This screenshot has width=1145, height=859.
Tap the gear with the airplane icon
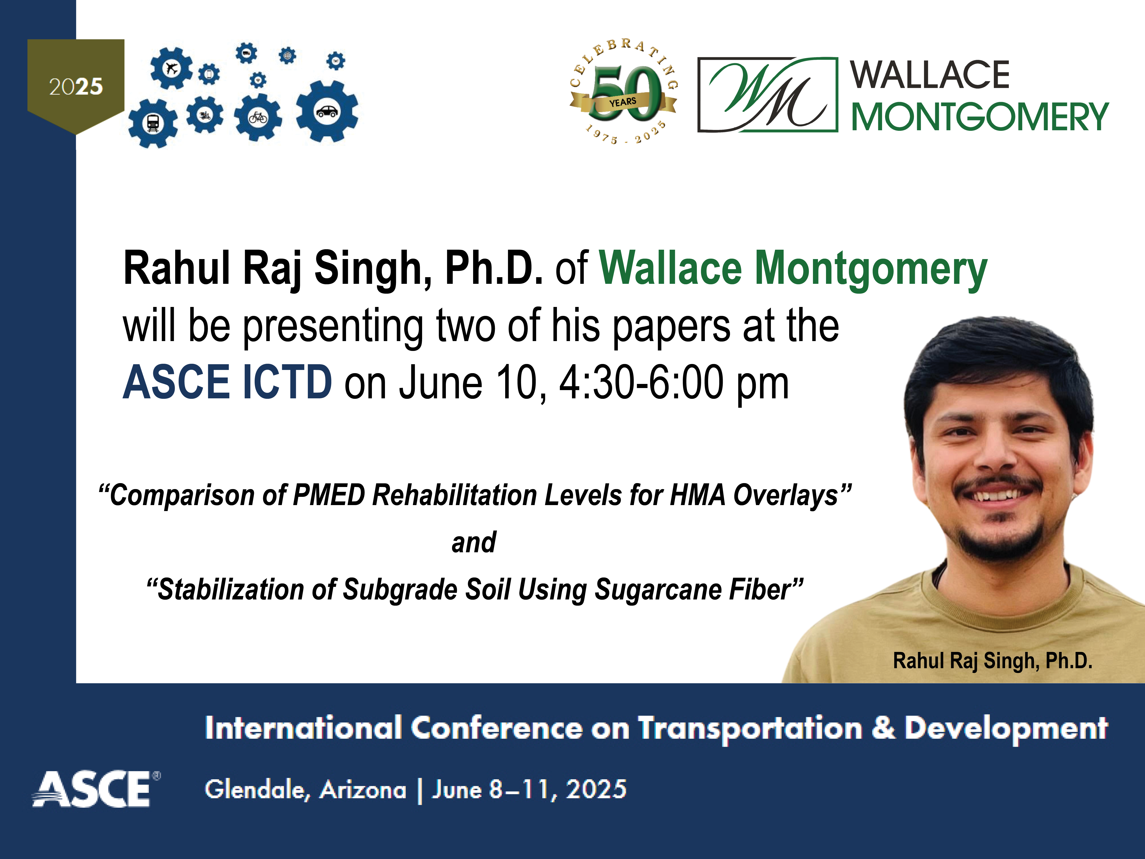click(171, 68)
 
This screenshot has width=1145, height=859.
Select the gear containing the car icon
click(327, 111)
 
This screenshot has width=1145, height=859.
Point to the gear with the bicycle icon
click(258, 118)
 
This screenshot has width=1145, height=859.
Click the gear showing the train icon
click(153, 123)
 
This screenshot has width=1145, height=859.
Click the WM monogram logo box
click(768, 95)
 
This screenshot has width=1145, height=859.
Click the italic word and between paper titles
click(474, 543)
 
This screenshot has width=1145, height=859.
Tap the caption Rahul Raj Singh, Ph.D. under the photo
click(993, 661)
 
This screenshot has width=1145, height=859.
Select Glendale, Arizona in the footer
click(305, 790)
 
